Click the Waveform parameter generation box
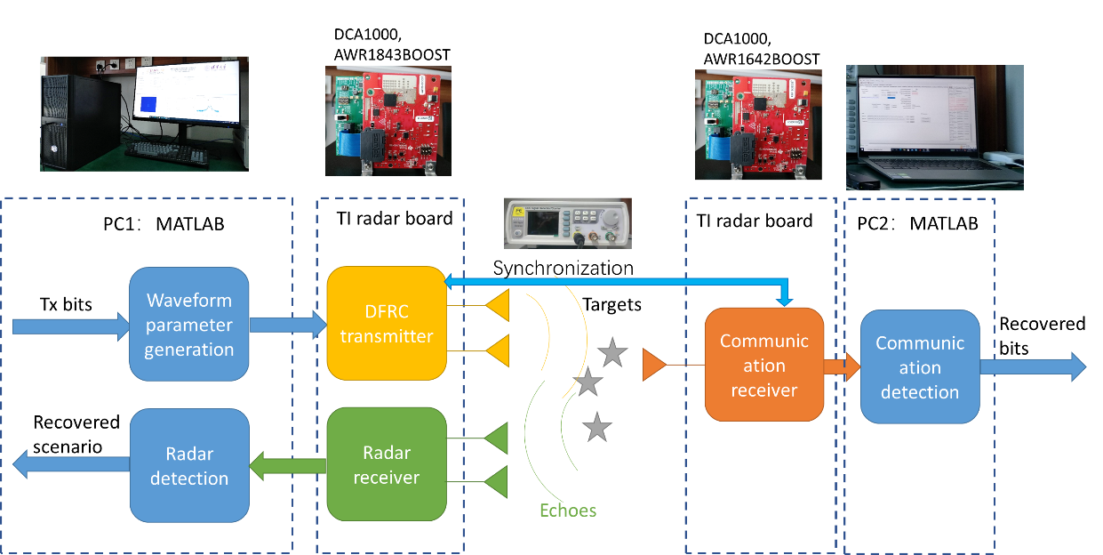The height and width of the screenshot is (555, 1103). coord(189,325)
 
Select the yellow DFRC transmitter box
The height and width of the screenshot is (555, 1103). coord(386,323)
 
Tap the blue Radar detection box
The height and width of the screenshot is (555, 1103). coord(189,465)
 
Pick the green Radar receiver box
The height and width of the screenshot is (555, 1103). coord(386,464)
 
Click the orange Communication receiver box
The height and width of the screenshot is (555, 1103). coord(764,365)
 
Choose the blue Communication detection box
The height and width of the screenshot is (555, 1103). coord(920,366)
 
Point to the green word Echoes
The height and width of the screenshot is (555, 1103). coord(568,511)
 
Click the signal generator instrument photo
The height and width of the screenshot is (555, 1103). coord(568,222)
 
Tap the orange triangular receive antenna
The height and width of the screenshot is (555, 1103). coord(653,364)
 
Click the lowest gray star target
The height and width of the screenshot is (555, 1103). coord(597,428)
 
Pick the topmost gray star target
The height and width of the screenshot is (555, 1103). coord(612,354)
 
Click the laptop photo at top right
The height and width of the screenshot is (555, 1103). coord(934,127)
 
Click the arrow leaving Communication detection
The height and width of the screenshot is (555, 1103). coord(1031,366)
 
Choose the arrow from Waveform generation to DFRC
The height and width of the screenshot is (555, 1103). coord(287,324)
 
